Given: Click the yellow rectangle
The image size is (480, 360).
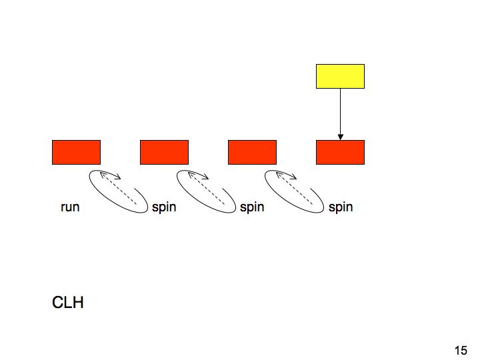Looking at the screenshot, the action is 340,76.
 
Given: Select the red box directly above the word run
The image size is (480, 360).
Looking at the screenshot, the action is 76,152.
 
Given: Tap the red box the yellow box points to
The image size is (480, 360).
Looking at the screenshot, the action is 340,152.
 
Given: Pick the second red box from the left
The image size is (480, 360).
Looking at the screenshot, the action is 164,152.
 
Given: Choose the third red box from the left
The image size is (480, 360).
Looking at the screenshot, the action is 252,152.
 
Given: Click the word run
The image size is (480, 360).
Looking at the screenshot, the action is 70,207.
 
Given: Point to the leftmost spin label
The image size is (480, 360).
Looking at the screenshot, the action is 164,207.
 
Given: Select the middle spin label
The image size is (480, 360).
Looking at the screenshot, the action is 252,207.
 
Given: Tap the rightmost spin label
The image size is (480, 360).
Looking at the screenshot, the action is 341,207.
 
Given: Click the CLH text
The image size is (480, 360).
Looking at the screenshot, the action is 67,303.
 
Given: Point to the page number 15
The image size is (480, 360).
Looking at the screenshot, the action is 461,351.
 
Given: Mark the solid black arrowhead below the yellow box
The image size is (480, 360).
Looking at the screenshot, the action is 340,137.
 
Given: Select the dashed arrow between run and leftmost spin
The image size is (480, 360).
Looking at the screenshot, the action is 119,189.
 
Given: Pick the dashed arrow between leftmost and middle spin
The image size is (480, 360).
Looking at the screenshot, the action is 206,189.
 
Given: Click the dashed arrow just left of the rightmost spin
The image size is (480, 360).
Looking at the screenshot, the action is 295,189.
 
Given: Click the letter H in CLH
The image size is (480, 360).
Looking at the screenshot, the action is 79,303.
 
